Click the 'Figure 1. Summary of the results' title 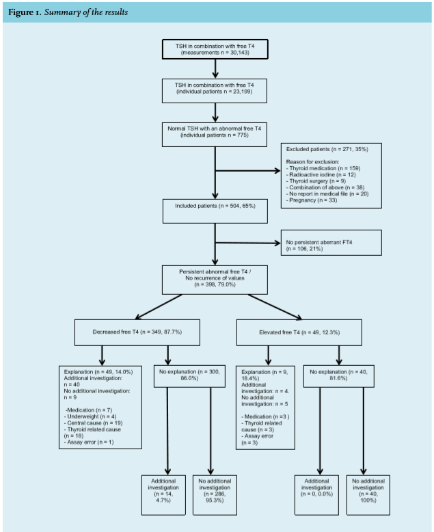click(x=68, y=12)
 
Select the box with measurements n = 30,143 click(x=215, y=49)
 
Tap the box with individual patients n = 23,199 click(x=215, y=91)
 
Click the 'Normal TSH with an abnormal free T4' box click(x=215, y=135)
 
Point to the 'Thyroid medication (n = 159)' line click(x=323, y=168)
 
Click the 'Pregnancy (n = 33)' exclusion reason click(x=311, y=200)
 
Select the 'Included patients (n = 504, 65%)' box click(x=215, y=211)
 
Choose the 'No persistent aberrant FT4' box click(x=331, y=243)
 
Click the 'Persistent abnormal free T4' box click(x=215, y=280)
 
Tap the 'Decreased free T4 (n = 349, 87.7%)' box click(x=137, y=332)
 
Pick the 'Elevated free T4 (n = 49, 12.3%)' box click(x=299, y=332)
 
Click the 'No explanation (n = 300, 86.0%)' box click(x=189, y=376)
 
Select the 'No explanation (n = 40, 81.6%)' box click(x=339, y=376)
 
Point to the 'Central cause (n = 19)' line click(x=93, y=423)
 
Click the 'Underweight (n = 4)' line click(x=90, y=416)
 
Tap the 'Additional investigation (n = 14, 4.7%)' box click(x=163, y=495)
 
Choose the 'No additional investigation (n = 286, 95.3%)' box click(x=215, y=495)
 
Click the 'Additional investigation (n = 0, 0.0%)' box click(x=316, y=495)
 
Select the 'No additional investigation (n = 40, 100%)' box click(x=368, y=495)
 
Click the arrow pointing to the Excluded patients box click(x=248, y=171)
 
